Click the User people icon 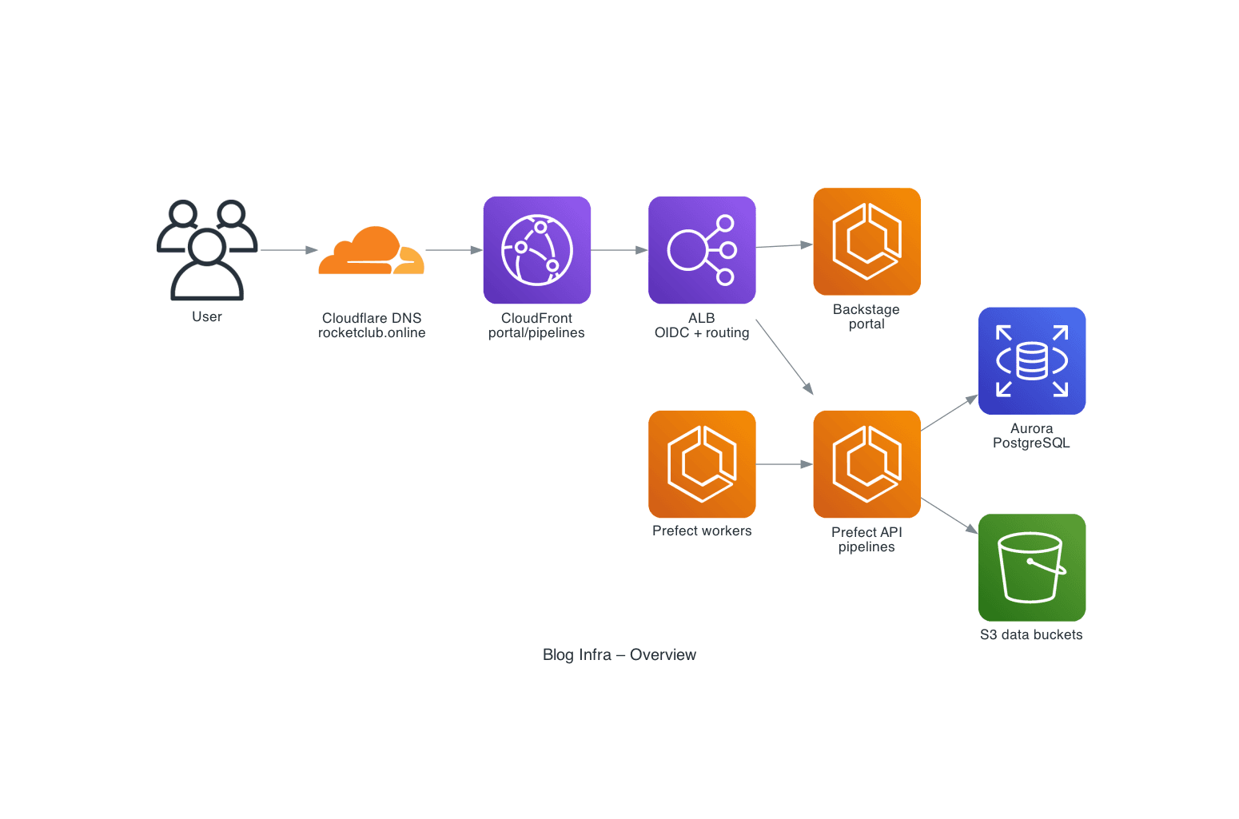click(207, 249)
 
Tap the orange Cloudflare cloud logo click(371, 251)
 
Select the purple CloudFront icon click(536, 250)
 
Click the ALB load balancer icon click(702, 250)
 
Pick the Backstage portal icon click(867, 241)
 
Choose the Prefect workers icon click(702, 464)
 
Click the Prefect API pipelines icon click(867, 464)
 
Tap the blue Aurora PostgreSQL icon click(1031, 360)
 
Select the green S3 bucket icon click(1031, 567)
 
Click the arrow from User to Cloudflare click(289, 250)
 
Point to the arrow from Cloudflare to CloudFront click(453, 250)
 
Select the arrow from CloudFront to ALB click(619, 250)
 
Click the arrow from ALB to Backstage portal click(783, 246)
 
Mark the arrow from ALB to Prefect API click(784, 357)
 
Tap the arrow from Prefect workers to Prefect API click(783, 464)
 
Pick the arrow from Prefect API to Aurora click(949, 413)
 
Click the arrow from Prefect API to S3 click(949, 515)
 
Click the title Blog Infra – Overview click(619, 654)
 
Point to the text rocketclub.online click(372, 333)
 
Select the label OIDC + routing click(702, 333)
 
